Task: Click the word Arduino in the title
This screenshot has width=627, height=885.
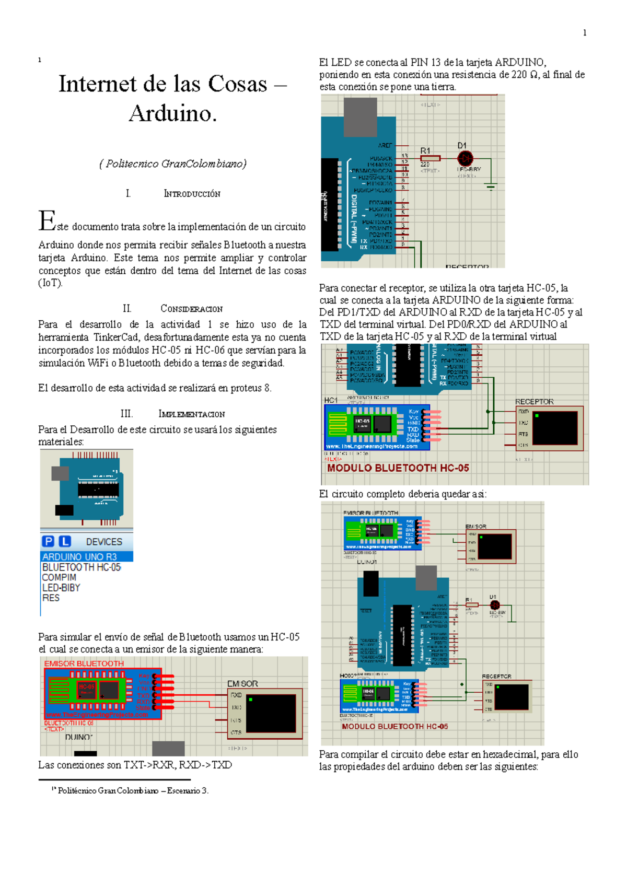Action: pos(172,113)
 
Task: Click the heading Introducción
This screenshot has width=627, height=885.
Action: pos(192,194)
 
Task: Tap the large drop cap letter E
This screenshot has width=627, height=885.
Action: pos(47,222)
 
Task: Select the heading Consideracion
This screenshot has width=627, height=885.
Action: pos(191,309)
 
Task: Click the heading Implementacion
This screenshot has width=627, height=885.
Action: pos(191,414)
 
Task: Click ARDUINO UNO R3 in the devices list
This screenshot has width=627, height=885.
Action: pos(79,557)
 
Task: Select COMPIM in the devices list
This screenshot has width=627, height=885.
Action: pos(59,577)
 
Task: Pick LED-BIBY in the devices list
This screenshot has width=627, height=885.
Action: pos(61,588)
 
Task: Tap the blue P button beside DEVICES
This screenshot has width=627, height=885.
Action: pos(48,542)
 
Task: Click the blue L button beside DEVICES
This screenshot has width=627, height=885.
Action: pos(64,542)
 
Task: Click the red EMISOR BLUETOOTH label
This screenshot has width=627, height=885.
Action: pos(84,663)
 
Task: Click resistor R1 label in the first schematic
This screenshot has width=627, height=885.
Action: pos(425,150)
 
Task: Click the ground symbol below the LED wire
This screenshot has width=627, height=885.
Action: pos(491,187)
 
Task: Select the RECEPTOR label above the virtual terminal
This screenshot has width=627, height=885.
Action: pos(534,401)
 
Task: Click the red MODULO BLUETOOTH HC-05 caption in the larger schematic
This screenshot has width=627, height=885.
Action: pos(398,468)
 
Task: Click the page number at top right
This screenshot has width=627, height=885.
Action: pos(584,32)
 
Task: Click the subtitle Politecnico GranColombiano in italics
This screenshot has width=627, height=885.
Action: pos(172,164)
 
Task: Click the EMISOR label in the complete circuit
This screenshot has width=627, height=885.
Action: pos(475,526)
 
